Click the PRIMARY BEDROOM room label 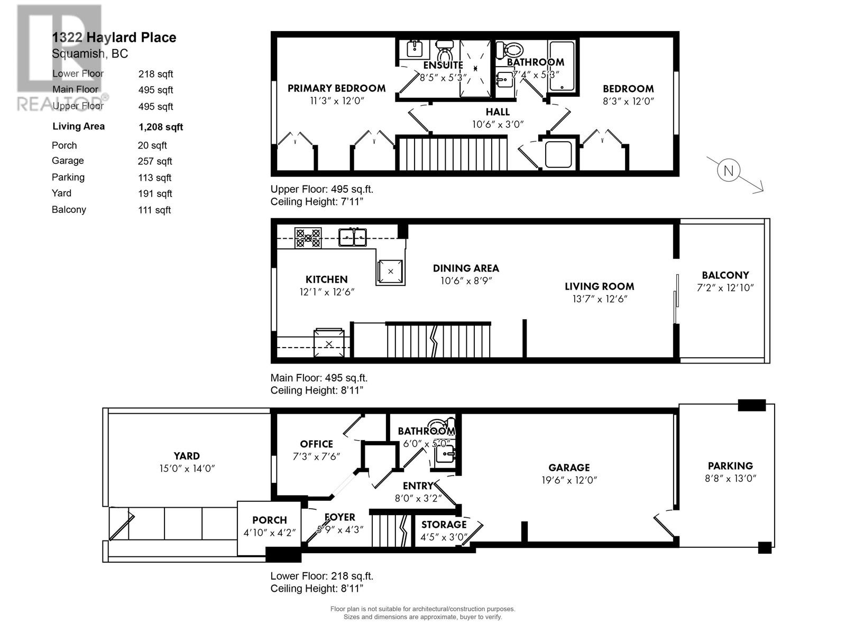pos(336,88)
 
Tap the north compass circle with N pos(729,171)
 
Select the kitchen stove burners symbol pos(308,238)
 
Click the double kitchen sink pos(353,237)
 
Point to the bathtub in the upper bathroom pos(561,66)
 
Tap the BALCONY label pos(725,275)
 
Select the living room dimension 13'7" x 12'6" pos(599,299)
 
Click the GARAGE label pos(568,468)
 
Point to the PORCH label pos(269,520)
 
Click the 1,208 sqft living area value pos(161,127)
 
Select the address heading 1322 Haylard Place pos(114,38)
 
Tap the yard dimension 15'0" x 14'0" pos(187,469)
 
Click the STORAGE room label pos(444,525)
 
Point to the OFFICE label pos(316,444)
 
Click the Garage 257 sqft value pos(155,162)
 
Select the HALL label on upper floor pos(498,112)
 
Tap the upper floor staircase pos(452,154)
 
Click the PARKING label pos(730,466)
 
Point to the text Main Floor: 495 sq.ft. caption pos(319,378)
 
